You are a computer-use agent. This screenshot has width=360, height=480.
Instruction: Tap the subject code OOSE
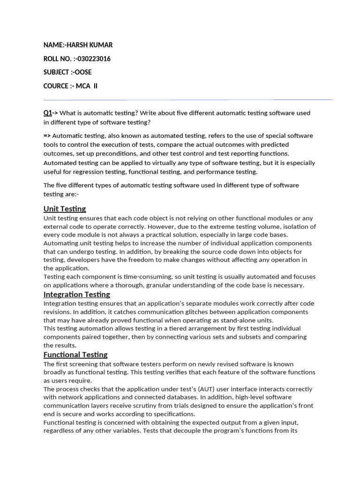coord(83,72)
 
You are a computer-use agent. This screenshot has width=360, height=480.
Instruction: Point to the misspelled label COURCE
coord(56,86)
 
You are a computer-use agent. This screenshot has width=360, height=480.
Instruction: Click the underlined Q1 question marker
coord(47,113)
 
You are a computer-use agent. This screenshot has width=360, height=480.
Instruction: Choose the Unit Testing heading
coord(65,209)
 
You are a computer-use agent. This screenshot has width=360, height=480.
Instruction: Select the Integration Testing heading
coord(77,294)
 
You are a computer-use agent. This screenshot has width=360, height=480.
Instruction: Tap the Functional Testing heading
coord(75,354)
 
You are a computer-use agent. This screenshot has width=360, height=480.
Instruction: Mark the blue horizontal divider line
coord(187,99)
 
